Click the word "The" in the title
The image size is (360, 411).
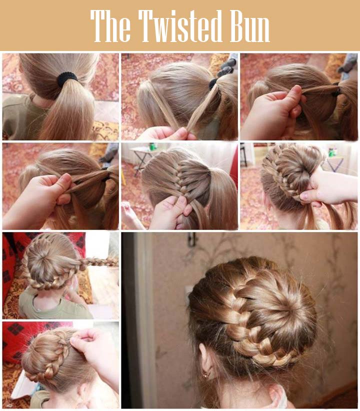[x=110, y=26]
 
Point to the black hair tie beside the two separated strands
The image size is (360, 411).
[x=213, y=83]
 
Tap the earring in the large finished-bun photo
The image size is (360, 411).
[x=206, y=375]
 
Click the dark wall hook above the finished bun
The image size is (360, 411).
[x=192, y=239]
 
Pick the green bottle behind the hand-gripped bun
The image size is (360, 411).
[x=331, y=152]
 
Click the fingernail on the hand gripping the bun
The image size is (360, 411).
[x=304, y=195]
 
